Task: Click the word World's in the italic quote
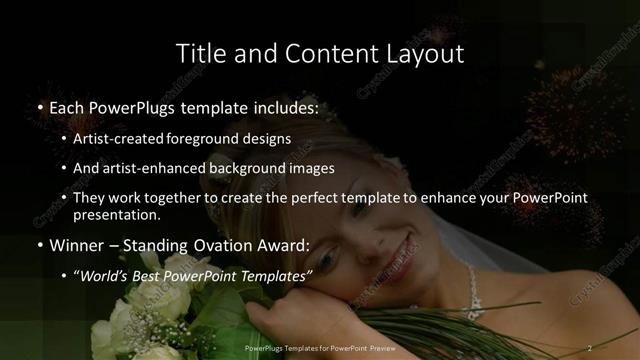pyautogui.click(x=107, y=275)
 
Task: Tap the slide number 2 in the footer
pyautogui.click(x=591, y=347)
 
